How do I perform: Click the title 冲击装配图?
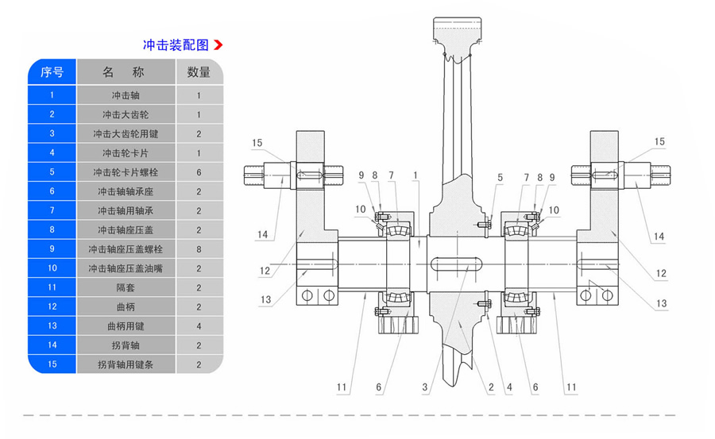click(175, 45)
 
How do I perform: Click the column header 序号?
click(52, 72)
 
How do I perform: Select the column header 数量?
click(199, 72)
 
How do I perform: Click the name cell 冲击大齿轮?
click(126, 114)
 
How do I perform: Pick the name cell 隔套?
click(126, 287)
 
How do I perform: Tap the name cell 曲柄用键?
click(126, 325)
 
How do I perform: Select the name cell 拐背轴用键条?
click(126, 364)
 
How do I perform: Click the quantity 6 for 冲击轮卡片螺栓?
click(199, 171)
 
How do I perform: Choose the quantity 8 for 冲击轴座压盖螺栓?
click(199, 248)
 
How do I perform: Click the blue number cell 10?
click(52, 268)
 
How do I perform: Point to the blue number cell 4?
click(52, 152)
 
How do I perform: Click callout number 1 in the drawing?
click(415, 175)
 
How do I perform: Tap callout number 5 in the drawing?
click(500, 176)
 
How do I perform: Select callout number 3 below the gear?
click(425, 387)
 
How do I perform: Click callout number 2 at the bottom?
click(491, 387)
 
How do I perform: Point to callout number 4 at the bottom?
click(508, 387)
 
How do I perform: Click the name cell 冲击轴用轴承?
click(126, 210)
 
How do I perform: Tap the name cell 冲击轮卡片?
click(126, 152)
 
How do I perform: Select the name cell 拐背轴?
click(126, 345)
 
